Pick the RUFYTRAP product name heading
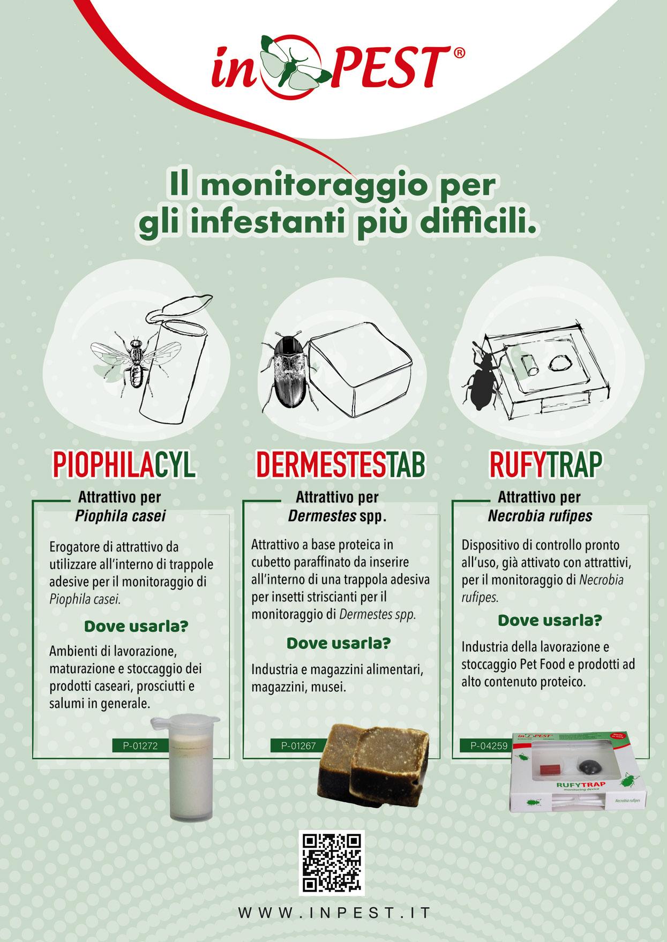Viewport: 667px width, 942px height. (545, 465)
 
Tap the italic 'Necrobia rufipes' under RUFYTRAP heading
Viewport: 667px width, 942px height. (539, 516)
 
